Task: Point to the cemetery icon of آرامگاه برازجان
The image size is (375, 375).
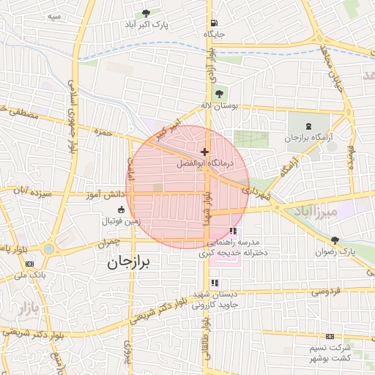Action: click(308, 127)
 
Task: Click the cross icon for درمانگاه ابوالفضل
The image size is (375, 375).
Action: click(204, 152)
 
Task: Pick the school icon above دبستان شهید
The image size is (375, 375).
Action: click(214, 283)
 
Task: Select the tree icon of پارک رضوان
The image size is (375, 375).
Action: click(335, 240)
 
